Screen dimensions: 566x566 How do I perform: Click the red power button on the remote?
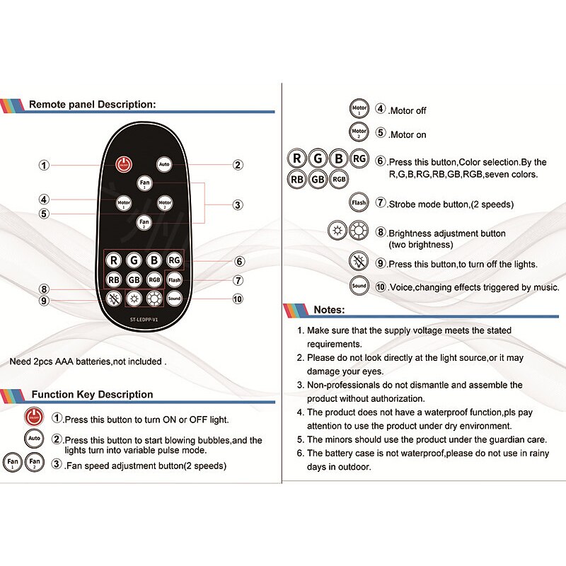click(x=123, y=164)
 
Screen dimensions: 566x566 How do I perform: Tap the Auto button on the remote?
click(x=164, y=164)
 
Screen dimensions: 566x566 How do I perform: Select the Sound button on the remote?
click(x=174, y=299)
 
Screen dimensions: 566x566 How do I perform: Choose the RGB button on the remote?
click(x=154, y=279)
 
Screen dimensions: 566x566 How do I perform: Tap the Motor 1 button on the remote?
click(x=124, y=203)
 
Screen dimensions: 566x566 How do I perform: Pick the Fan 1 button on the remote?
click(x=144, y=183)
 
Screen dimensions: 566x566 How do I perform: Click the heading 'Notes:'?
click(x=328, y=310)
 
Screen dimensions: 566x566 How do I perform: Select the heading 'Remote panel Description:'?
click(x=91, y=104)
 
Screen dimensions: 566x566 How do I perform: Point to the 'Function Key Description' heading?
click(x=92, y=394)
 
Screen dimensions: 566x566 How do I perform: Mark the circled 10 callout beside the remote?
click(x=238, y=299)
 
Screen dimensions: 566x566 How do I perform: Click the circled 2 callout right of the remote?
click(x=238, y=165)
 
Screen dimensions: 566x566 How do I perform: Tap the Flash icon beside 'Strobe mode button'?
click(x=359, y=203)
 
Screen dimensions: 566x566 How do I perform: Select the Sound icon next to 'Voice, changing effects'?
click(x=359, y=286)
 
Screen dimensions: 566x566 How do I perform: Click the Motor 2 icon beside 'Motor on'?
click(x=359, y=132)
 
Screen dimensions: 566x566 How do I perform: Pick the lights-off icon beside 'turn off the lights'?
click(x=359, y=262)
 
